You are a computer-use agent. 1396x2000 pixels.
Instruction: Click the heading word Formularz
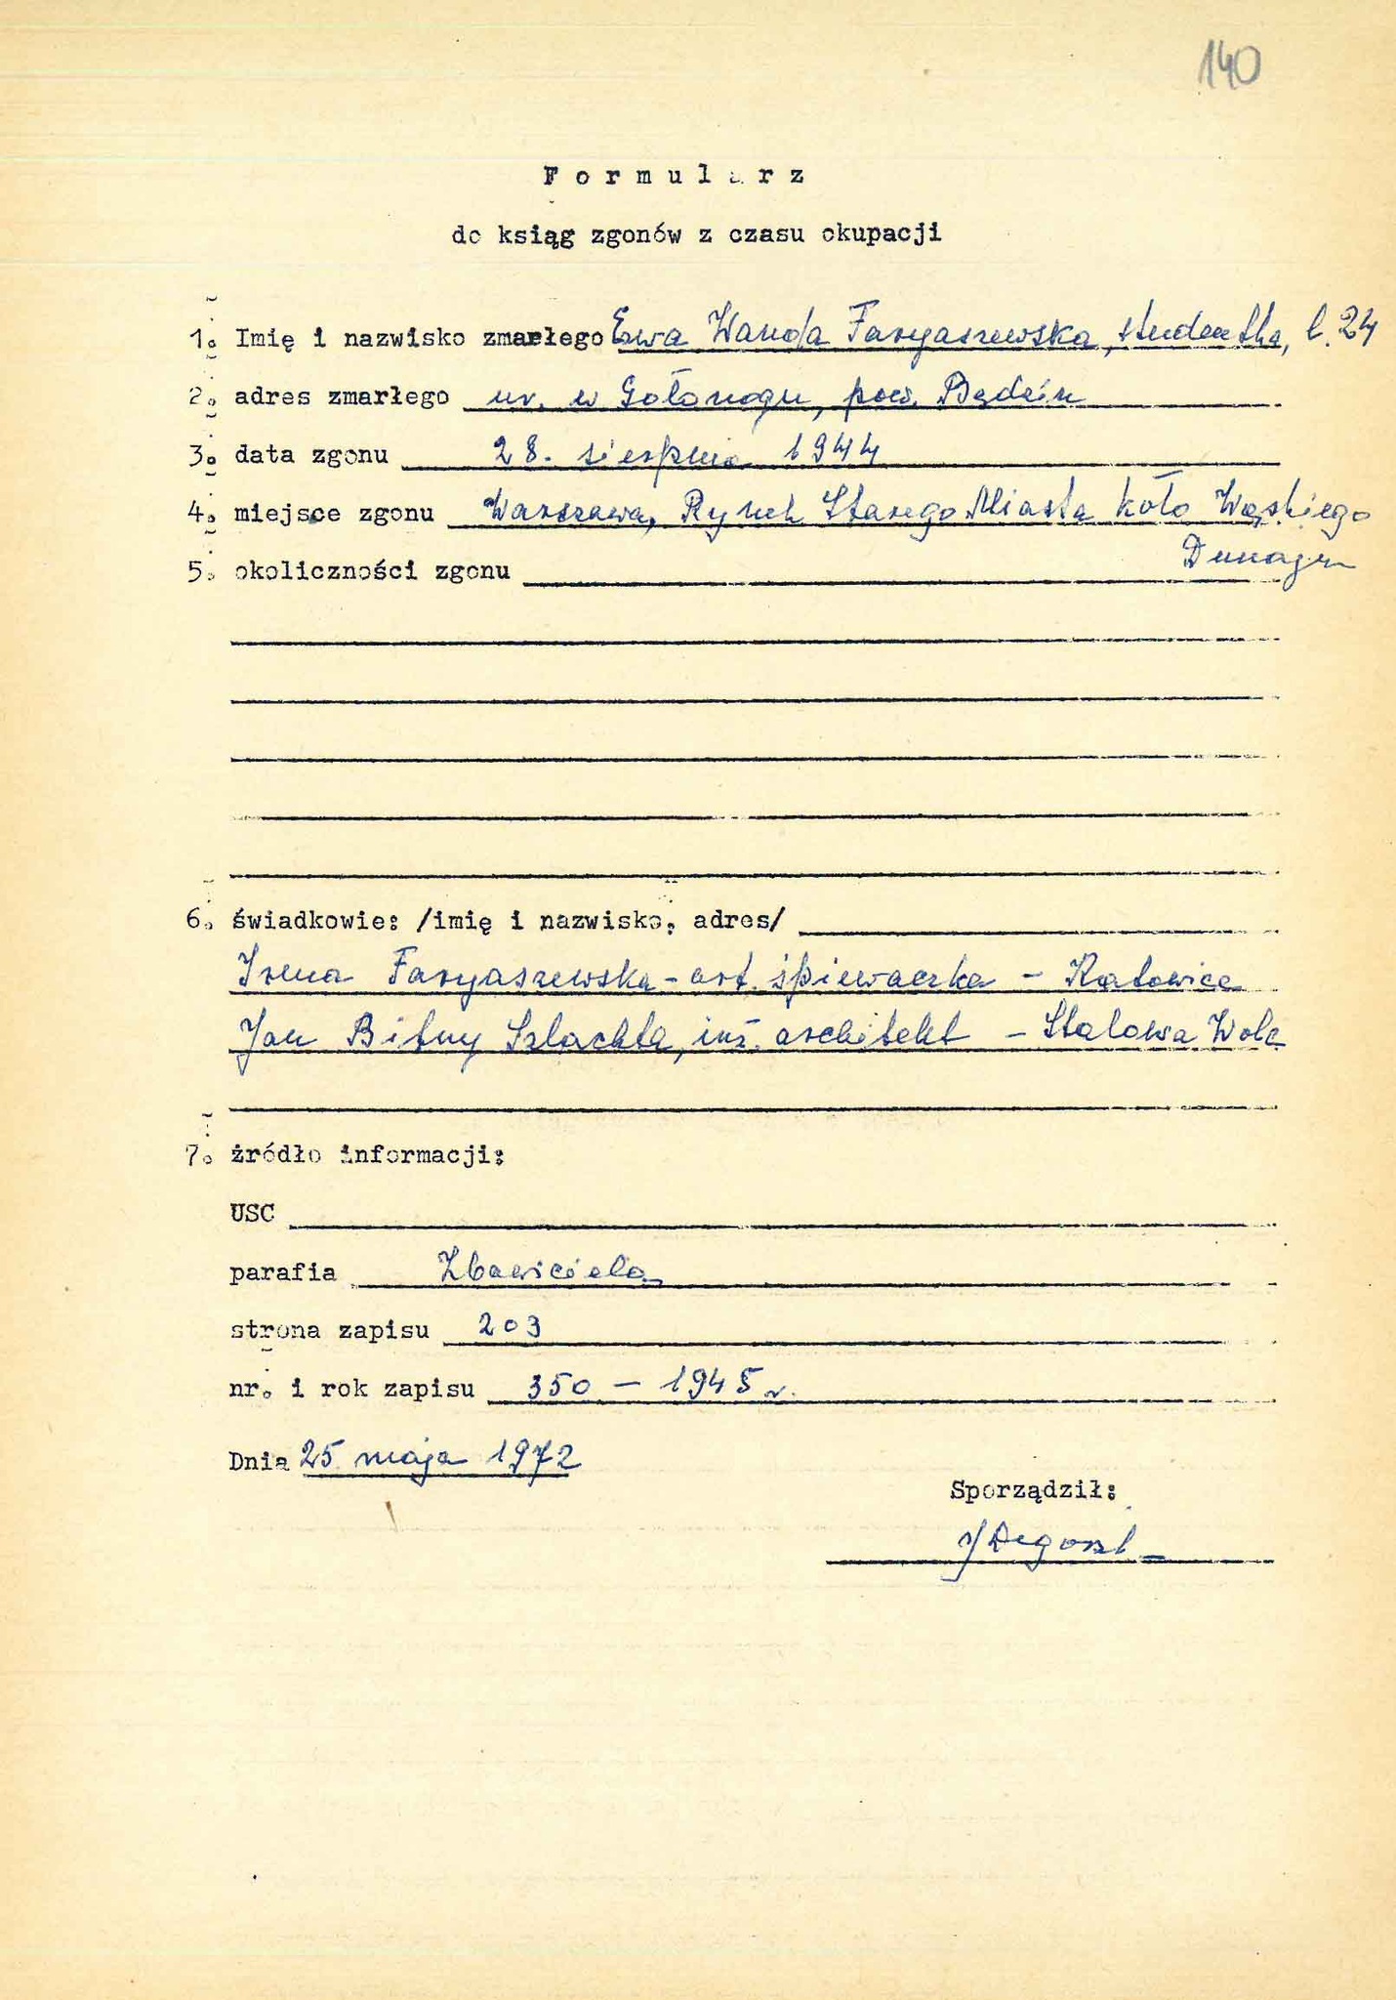point(674,177)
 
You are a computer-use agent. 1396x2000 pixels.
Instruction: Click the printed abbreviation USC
point(252,1214)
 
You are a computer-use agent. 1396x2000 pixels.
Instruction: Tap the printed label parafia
point(283,1272)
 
